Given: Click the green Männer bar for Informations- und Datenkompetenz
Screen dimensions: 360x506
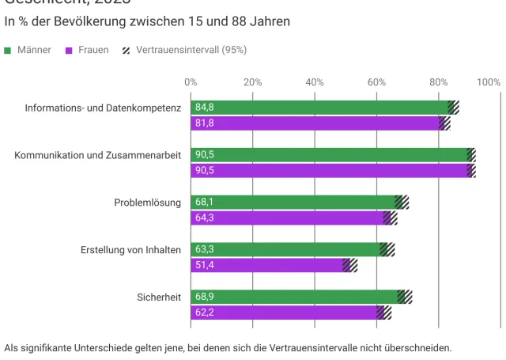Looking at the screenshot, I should (x=316, y=108).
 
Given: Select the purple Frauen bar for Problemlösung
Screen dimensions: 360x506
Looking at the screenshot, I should (x=285, y=218).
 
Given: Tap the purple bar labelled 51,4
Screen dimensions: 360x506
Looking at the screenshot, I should (x=265, y=265).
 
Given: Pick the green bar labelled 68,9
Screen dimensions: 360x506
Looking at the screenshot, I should (x=293, y=297).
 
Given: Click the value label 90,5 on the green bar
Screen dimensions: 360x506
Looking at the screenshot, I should (x=205, y=155).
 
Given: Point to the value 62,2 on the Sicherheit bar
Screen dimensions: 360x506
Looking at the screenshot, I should (x=205, y=313).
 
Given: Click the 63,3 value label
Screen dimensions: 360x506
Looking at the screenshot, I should (x=205, y=250).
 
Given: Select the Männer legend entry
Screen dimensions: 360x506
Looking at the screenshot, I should (x=34, y=50).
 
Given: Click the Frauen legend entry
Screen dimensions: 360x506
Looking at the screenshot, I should (x=93, y=50).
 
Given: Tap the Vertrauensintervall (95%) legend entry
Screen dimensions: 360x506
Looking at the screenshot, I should (x=191, y=50).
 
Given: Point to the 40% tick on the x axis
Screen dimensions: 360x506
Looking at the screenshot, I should (x=315, y=81).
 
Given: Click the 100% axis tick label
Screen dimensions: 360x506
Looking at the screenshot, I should (x=489, y=81).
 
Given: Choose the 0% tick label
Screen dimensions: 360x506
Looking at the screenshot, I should (x=191, y=81).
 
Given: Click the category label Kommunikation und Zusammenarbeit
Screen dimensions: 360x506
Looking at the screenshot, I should (x=98, y=155).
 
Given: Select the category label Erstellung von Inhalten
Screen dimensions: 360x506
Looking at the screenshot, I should (x=131, y=250).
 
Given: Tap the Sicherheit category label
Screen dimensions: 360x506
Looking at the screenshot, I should (x=160, y=297).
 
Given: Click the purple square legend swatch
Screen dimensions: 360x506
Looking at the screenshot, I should (x=70, y=51).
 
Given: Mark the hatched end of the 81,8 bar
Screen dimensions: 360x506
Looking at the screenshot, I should (x=444, y=123).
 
